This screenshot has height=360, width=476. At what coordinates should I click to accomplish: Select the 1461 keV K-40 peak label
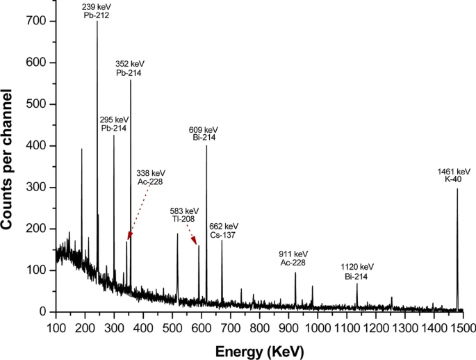pyautogui.click(x=457, y=175)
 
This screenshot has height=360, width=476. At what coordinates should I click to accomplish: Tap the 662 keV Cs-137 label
pyautogui.click(x=224, y=231)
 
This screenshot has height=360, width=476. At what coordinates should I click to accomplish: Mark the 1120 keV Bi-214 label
pyautogui.click(x=357, y=271)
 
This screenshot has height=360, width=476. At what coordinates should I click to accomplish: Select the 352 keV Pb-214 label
pyautogui.click(x=129, y=68)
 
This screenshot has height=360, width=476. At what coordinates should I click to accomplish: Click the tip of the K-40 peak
pyautogui.click(x=457, y=189)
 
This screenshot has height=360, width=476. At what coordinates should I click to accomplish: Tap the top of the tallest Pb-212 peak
pyautogui.click(x=97, y=22)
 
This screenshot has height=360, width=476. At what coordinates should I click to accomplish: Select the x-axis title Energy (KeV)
pyautogui.click(x=268, y=352)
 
